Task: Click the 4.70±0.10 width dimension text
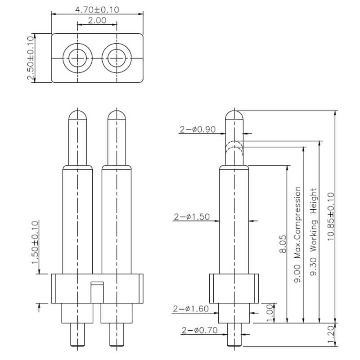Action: pyautogui.click(x=97, y=9)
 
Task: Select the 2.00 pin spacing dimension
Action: pyautogui.click(x=97, y=20)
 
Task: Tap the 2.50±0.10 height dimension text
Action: pyautogui.click(x=31, y=58)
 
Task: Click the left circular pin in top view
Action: pyautogui.click(x=78, y=58)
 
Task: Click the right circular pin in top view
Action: pyautogui.click(x=117, y=58)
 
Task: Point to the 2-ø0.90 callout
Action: pyautogui.click(x=198, y=130)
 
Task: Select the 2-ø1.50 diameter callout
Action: pyautogui.click(x=192, y=217)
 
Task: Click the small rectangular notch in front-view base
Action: pyautogui.click(x=97, y=283)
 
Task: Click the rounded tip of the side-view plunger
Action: pyautogui.click(x=234, y=114)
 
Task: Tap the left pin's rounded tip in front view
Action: pyautogui.click(x=78, y=115)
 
